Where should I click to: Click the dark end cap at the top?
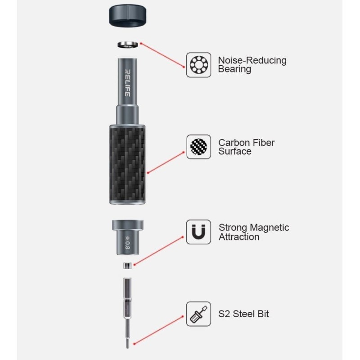tap(127, 15)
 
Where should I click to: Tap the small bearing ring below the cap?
tap(128, 44)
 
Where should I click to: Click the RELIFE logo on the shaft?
tap(128, 83)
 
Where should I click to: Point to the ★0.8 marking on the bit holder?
tap(127, 243)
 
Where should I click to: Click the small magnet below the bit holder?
tap(127, 265)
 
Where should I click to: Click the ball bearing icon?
tap(198, 65)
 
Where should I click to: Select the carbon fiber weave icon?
tap(198, 147)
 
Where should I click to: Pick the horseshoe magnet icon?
tap(198, 232)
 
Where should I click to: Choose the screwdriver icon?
tap(198, 314)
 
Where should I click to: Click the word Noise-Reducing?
tap(252, 60)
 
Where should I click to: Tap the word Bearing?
tap(234, 69)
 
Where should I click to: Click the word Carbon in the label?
tap(232, 143)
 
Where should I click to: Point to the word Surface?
tap(234, 151)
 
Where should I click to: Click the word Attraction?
tap(239, 237)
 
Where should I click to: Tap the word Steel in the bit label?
tap(243, 314)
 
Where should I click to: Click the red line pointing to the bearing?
tap(162, 55)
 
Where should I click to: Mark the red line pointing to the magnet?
tap(159, 251)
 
